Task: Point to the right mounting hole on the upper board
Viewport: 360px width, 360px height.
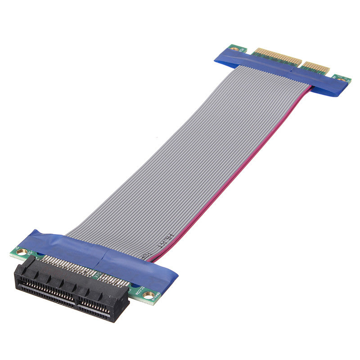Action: [343, 80]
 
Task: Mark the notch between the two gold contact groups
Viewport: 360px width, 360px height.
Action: [302, 63]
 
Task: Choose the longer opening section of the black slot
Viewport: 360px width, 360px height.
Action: [45, 288]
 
